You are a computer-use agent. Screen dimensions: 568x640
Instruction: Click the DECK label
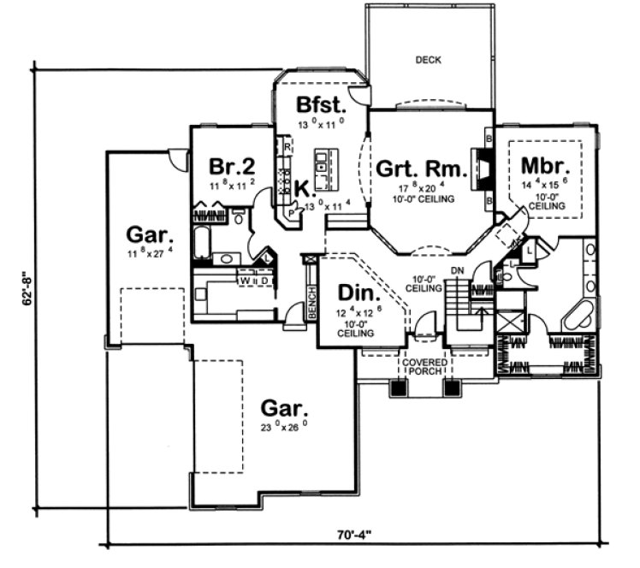pyautogui.click(x=428, y=59)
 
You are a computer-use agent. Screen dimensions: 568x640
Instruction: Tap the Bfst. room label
pyautogui.click(x=322, y=105)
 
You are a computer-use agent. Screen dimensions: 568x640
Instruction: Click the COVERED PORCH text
pyautogui.click(x=421, y=365)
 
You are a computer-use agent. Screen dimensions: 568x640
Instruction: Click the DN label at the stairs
pyautogui.click(x=457, y=272)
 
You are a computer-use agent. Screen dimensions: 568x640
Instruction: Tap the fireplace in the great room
pyautogui.click(x=483, y=169)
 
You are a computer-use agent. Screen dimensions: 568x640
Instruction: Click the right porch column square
pyautogui.click(x=453, y=388)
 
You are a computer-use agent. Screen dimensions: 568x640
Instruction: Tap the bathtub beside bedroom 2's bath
pyautogui.click(x=202, y=242)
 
